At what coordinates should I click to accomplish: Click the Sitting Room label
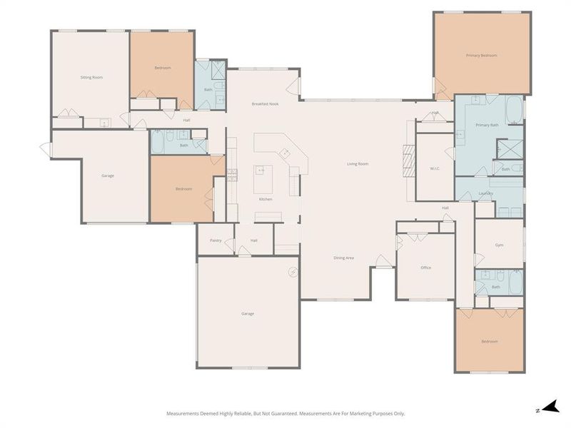click(x=91, y=77)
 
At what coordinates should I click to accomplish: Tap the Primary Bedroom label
click(x=481, y=55)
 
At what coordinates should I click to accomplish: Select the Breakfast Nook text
click(x=263, y=104)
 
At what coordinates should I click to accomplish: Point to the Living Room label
click(x=357, y=164)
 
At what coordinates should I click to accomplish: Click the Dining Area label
click(x=344, y=258)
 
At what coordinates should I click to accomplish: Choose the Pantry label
click(x=216, y=240)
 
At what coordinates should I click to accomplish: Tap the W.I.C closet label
click(x=435, y=169)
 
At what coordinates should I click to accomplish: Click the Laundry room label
click(x=486, y=193)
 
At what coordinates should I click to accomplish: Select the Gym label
click(x=499, y=245)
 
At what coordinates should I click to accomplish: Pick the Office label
click(x=425, y=267)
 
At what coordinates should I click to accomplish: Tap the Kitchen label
click(x=266, y=199)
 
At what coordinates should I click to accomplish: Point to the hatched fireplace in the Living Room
click(x=408, y=162)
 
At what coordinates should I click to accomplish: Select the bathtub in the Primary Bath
click(x=513, y=111)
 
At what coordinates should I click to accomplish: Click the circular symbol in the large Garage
click(x=293, y=271)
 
